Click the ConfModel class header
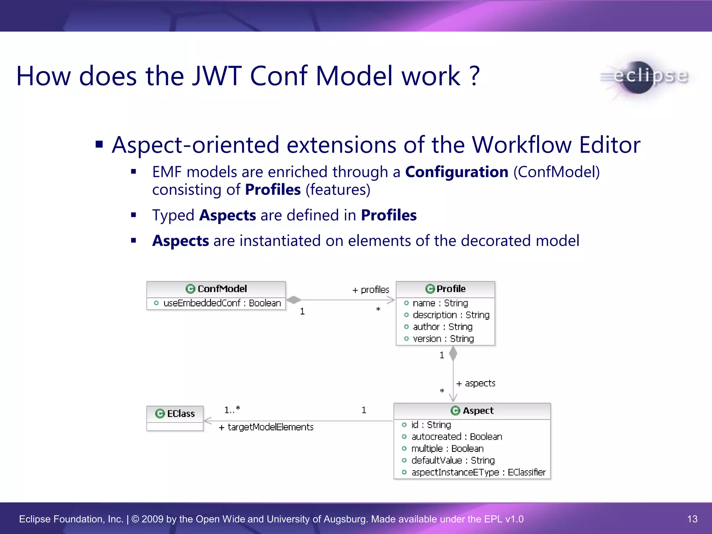click(x=216, y=289)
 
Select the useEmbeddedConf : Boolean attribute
click(x=222, y=303)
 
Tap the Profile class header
click(x=445, y=289)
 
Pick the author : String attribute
click(x=442, y=327)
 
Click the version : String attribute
click(x=443, y=339)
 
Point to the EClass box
click(x=175, y=418)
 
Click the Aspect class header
click(x=472, y=411)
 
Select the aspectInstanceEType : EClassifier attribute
click(x=478, y=472)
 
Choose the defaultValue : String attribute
click(x=453, y=460)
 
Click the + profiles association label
click(x=371, y=290)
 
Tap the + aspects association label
click(x=476, y=383)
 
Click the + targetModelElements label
click(x=266, y=427)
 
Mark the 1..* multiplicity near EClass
click(x=232, y=410)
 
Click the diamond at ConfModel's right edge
click(x=294, y=300)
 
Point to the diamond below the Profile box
click(x=453, y=354)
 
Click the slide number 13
click(x=692, y=519)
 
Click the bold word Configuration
click(x=456, y=172)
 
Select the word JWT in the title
click(x=217, y=76)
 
